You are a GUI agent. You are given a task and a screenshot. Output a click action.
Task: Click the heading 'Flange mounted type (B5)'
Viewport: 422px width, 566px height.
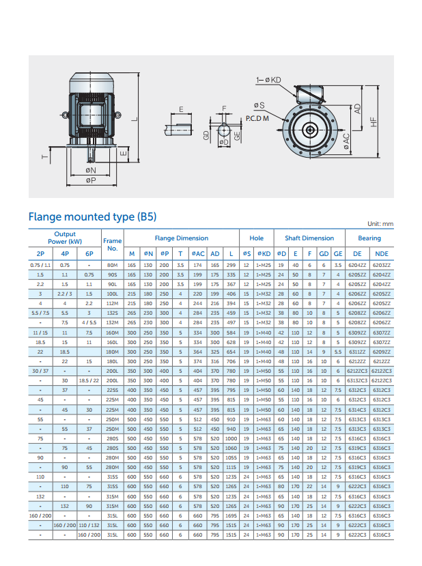click(92, 217)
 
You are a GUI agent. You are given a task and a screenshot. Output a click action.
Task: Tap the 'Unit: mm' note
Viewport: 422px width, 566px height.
click(380, 224)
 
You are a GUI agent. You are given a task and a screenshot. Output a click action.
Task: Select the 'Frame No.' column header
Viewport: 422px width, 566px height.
click(112, 244)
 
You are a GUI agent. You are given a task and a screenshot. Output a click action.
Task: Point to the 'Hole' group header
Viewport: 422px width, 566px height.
click(256, 238)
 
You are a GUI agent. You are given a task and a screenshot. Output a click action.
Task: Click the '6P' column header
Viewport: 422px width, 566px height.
click(89, 253)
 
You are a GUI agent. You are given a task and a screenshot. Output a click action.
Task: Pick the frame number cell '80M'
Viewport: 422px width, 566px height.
click(112, 264)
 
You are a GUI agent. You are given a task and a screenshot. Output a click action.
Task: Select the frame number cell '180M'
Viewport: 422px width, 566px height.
click(112, 351)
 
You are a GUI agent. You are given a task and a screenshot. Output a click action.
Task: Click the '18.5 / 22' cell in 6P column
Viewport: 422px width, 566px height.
click(89, 380)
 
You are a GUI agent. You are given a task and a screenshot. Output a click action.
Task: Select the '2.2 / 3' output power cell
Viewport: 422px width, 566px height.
click(65, 293)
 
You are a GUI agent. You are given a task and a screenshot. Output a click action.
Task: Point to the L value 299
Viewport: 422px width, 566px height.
click(231, 264)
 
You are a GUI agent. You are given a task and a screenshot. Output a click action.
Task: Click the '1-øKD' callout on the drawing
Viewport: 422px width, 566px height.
click(268, 80)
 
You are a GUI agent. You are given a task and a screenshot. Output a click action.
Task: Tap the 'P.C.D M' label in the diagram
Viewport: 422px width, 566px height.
click(257, 118)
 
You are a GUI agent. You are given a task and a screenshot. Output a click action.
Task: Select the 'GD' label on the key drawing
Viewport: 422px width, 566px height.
click(207, 136)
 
